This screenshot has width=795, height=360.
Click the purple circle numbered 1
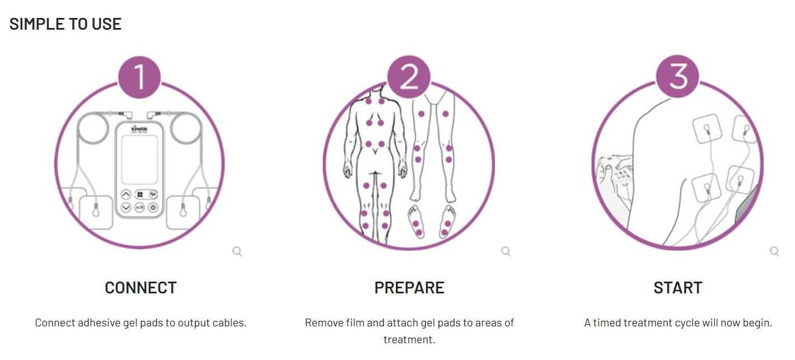[139, 77]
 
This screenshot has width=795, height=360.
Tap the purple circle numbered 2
[409, 77]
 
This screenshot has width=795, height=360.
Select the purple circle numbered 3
[677, 76]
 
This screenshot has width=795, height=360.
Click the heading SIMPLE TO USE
[66, 24]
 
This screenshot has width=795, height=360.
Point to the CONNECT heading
[141, 288]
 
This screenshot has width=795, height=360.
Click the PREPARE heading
[409, 288]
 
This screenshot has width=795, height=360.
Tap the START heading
[678, 288]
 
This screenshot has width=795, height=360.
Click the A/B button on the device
[139, 207]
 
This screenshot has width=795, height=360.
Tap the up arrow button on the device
[126, 194]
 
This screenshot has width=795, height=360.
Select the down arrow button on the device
[126, 207]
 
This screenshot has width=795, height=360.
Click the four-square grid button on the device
[140, 194]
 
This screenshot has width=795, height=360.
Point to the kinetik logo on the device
[139, 129]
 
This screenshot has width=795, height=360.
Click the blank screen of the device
[139, 160]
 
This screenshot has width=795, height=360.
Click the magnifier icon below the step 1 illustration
[237, 251]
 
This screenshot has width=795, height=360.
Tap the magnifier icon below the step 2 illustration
[506, 251]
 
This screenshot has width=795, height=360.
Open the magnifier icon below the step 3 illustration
[774, 251]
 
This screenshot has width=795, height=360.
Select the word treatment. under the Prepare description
[409, 340]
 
